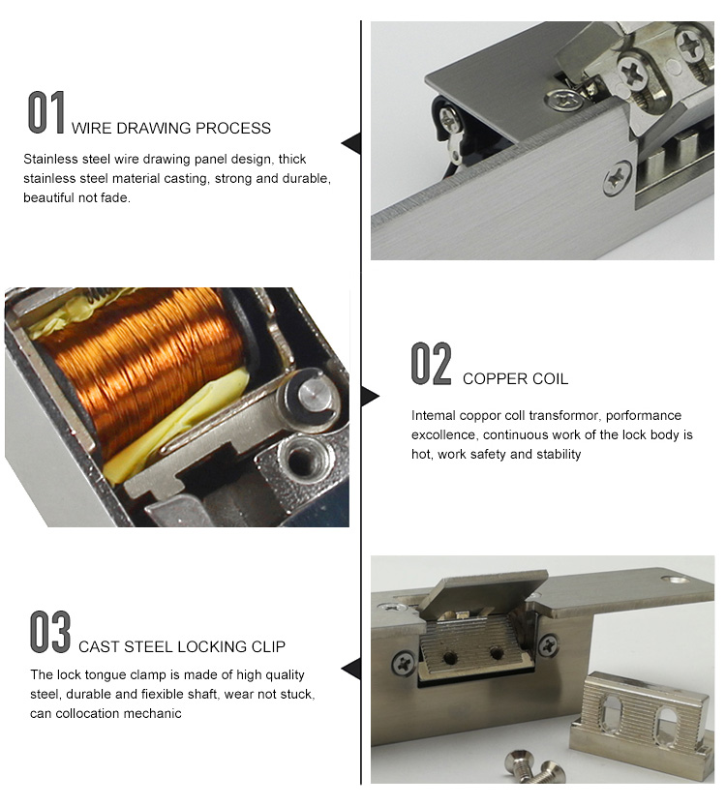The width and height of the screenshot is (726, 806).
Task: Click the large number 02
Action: pos(431,364)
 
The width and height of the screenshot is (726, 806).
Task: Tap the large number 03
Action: pos(49,631)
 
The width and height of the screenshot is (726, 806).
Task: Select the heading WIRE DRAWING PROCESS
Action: pos(171,128)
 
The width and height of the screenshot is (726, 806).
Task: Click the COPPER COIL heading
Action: pos(515,378)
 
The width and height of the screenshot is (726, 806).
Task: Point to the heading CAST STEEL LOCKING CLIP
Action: pos(182,646)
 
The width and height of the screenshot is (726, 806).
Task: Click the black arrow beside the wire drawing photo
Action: pos(351,143)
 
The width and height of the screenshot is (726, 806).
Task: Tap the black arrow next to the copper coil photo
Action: pos(370,396)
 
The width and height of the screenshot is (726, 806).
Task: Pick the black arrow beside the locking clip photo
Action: pos(351,668)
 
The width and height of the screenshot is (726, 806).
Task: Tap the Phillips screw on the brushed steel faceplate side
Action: pos(616,179)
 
